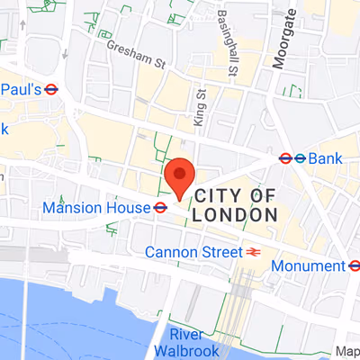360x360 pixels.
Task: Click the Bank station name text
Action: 326,158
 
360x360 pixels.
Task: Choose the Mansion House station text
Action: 96,208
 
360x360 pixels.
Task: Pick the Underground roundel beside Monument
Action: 355,265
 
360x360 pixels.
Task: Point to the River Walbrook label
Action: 199,342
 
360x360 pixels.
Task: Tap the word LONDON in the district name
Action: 237,216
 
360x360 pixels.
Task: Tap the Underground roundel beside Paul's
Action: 51,89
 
